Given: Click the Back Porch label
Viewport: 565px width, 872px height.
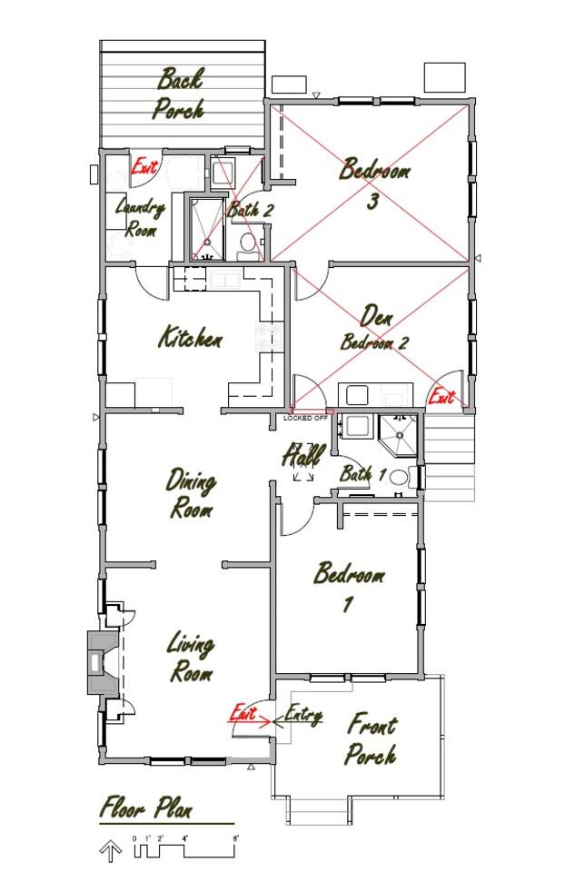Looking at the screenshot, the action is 180,94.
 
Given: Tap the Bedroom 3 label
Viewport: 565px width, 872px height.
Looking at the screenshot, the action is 375,183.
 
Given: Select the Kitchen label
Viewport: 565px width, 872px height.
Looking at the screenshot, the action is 191,338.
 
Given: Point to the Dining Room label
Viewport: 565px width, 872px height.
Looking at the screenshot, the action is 192,494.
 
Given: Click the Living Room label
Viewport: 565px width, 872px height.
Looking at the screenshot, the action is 192,658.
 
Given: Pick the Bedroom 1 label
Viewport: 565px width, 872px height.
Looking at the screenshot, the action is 349,587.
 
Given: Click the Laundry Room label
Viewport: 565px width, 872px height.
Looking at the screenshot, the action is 140,218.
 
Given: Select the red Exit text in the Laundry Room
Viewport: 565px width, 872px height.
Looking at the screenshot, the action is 144,166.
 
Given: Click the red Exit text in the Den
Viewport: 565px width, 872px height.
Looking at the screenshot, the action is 441,397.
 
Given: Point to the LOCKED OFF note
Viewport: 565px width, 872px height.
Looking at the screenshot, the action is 305,418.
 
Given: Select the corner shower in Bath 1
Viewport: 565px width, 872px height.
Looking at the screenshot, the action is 398,435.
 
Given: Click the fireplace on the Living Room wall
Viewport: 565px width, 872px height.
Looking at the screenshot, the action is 103,662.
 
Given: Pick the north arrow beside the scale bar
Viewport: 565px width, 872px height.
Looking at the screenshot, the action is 110,850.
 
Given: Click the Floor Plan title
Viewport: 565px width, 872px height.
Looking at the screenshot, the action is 146,808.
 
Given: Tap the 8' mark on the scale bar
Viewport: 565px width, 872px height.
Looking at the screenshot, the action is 234,837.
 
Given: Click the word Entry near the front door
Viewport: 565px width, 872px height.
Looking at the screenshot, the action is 303,715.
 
